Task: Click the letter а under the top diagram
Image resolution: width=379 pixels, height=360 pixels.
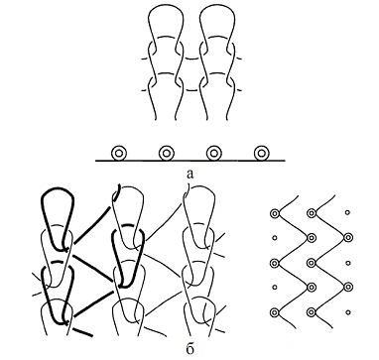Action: click(x=189, y=174)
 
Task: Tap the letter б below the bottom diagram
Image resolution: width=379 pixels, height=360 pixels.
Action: click(x=189, y=349)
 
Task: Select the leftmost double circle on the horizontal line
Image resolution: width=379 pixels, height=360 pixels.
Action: click(x=118, y=153)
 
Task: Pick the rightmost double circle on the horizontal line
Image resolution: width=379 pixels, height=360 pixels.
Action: click(x=261, y=153)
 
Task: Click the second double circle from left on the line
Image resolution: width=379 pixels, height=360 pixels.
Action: click(x=166, y=153)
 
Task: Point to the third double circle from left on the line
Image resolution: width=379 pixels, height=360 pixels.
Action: click(x=213, y=153)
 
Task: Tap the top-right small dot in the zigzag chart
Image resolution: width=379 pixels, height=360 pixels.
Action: click(x=347, y=212)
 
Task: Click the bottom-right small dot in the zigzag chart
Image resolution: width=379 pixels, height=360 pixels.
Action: click(x=347, y=312)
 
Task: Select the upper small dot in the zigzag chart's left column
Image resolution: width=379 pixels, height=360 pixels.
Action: click(x=274, y=237)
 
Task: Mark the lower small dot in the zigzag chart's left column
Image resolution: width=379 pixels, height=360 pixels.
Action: click(x=274, y=288)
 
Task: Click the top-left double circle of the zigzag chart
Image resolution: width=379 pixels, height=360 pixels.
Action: click(x=274, y=213)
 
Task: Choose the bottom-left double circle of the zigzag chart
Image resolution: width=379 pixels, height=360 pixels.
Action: click(x=274, y=312)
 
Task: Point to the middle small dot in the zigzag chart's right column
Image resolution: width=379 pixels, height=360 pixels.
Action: click(x=347, y=263)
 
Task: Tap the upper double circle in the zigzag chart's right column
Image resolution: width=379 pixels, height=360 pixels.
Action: click(x=347, y=237)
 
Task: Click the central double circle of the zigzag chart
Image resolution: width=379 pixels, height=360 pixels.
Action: click(x=311, y=263)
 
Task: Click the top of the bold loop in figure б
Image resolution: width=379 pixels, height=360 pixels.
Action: click(x=57, y=189)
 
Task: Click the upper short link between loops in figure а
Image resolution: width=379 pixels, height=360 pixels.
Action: click(x=191, y=60)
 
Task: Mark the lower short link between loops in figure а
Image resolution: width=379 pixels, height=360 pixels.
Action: click(x=191, y=90)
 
